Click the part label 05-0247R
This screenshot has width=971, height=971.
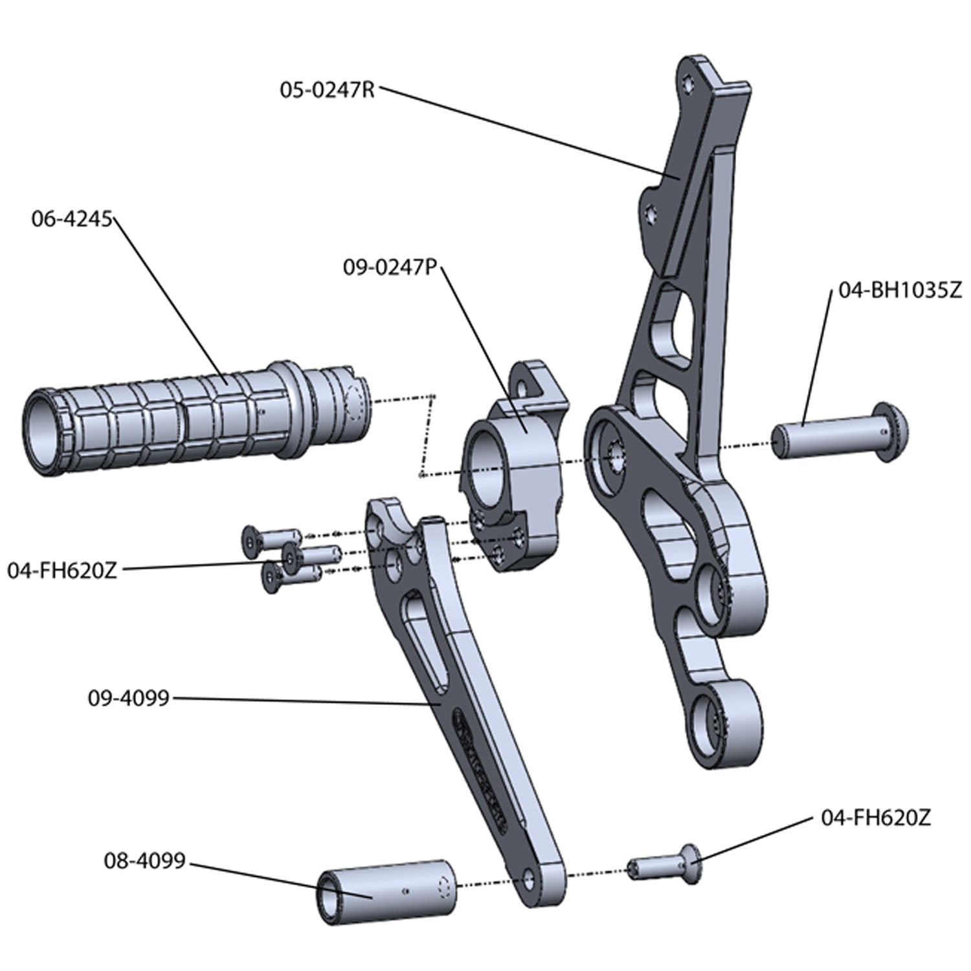click(327, 89)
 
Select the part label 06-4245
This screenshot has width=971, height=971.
click(72, 219)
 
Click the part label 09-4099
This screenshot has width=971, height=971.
click(128, 698)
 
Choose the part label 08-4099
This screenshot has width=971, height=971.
click(144, 861)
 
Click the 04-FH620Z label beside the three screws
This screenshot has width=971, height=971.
click(62, 571)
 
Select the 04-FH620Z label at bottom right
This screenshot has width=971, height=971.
click(875, 818)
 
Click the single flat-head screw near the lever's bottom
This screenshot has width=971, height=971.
click(667, 866)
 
